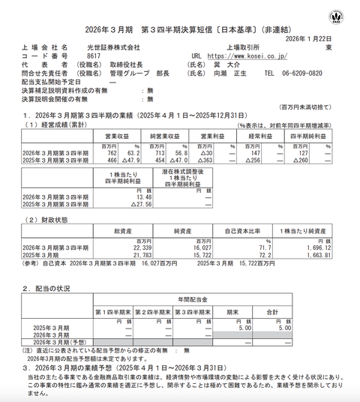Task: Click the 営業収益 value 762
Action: pos(103,153)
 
